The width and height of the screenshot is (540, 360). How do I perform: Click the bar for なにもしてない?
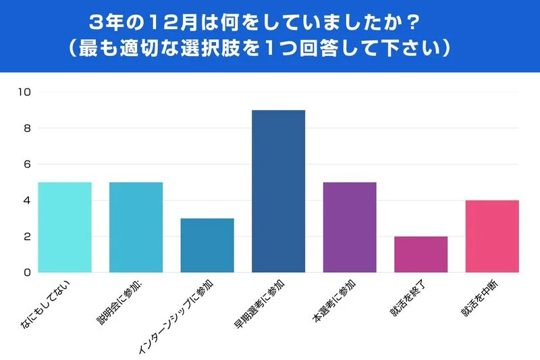click(x=65, y=227)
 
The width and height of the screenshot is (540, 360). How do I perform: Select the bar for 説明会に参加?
click(x=136, y=227)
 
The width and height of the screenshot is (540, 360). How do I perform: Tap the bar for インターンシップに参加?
click(x=207, y=245)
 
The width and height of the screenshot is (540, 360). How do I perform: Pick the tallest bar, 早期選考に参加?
click(x=278, y=191)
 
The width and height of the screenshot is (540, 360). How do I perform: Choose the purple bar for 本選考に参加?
click(x=350, y=227)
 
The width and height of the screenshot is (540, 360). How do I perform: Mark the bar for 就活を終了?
click(x=421, y=254)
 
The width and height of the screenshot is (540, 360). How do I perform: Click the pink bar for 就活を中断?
click(x=492, y=236)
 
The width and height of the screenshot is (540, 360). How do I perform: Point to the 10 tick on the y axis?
click(x=25, y=93)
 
